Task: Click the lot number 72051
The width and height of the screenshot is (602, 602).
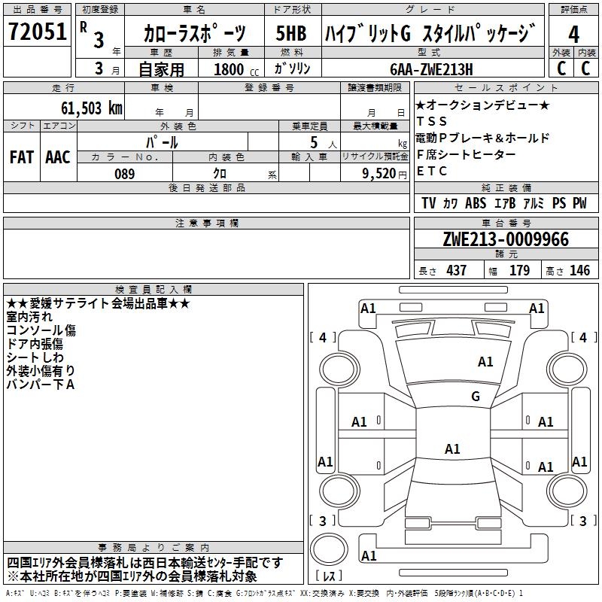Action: click(x=37, y=33)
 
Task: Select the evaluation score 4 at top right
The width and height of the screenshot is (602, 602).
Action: click(x=574, y=35)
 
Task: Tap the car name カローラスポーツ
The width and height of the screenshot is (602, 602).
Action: click(x=195, y=34)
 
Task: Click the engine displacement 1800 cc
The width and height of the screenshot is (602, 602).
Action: click(x=230, y=69)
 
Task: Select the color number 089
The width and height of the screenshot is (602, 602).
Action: click(x=124, y=174)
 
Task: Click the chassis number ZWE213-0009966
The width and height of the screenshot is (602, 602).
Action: click(x=506, y=240)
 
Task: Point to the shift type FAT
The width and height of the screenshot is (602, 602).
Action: click(x=21, y=157)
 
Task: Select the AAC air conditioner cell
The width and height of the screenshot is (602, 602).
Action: click(x=58, y=157)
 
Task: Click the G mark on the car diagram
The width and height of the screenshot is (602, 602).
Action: click(x=475, y=397)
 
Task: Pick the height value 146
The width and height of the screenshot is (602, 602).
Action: click(x=579, y=270)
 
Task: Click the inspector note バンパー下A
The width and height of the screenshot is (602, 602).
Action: click(x=41, y=385)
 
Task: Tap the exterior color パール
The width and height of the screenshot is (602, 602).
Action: click(x=162, y=141)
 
